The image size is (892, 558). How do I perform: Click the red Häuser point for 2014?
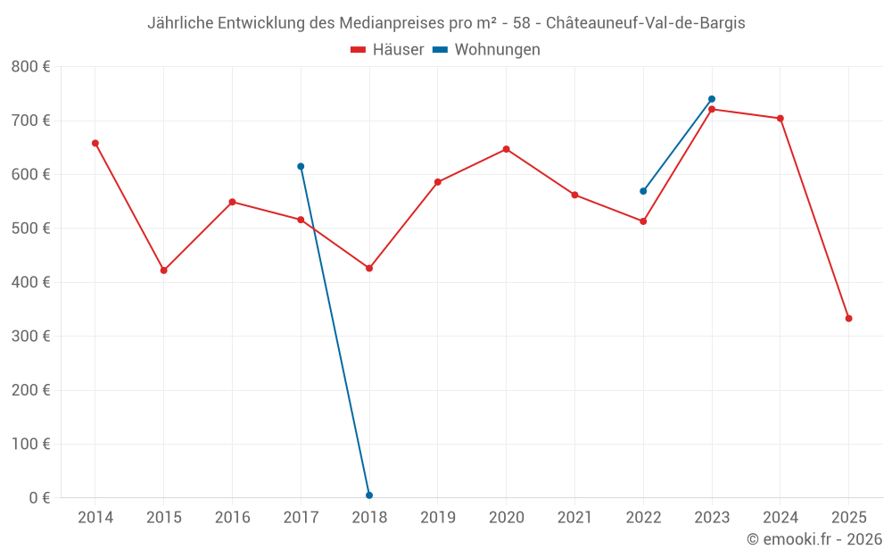[95, 143]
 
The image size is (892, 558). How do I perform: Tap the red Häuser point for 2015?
[164, 271]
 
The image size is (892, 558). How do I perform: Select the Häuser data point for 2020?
[506, 149]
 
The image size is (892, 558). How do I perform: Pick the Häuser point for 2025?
[848, 319]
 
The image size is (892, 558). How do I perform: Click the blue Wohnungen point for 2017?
[301, 166]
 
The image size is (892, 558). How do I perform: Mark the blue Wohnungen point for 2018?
[369, 496]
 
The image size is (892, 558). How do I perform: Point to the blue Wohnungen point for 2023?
[712, 99]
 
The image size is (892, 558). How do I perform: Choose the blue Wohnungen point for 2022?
[643, 191]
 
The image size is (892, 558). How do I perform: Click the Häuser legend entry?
[387, 50]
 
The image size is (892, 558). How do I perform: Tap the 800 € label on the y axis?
[31, 67]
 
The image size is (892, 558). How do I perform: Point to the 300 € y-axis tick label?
[31, 337]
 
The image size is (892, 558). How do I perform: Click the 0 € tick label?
[37, 498]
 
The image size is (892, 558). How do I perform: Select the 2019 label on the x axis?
[437, 518]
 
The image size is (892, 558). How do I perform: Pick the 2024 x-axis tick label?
[780, 518]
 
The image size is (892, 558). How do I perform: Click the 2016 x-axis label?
[232, 518]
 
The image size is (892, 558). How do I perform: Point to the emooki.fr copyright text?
[814, 539]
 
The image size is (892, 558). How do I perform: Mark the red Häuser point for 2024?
[780, 119]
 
